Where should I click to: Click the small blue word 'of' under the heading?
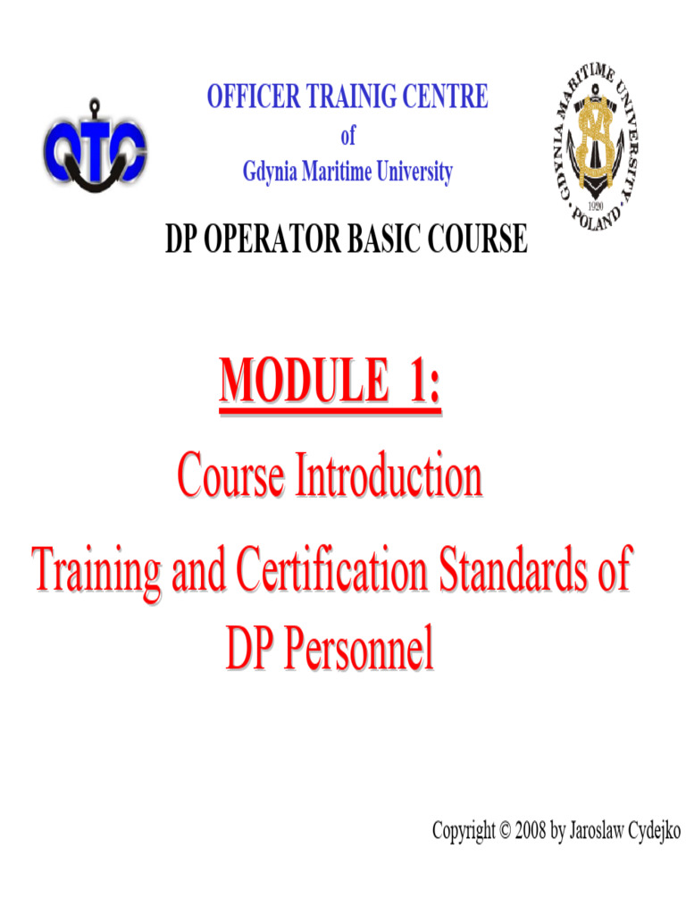(x=347, y=136)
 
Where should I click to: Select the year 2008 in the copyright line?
(x=531, y=831)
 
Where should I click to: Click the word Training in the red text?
(x=97, y=569)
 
